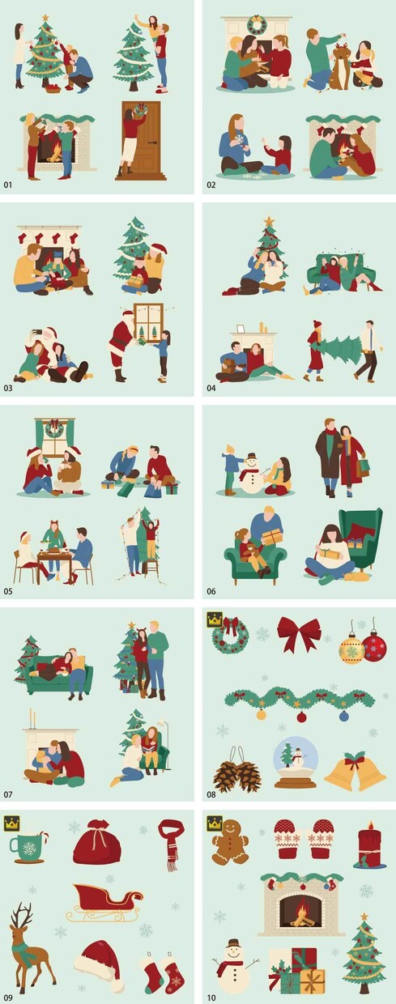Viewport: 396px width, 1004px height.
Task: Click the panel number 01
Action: (8, 185)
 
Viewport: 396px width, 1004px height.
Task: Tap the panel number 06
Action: (211, 591)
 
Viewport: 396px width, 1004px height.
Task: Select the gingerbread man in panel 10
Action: (231, 842)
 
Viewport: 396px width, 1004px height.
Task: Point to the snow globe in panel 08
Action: (296, 764)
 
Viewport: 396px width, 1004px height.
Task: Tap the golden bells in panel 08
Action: (356, 772)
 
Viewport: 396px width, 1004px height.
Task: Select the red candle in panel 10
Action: (369, 844)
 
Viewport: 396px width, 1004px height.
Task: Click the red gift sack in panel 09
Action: (97, 842)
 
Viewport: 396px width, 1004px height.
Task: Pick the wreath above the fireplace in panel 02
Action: (257, 24)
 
